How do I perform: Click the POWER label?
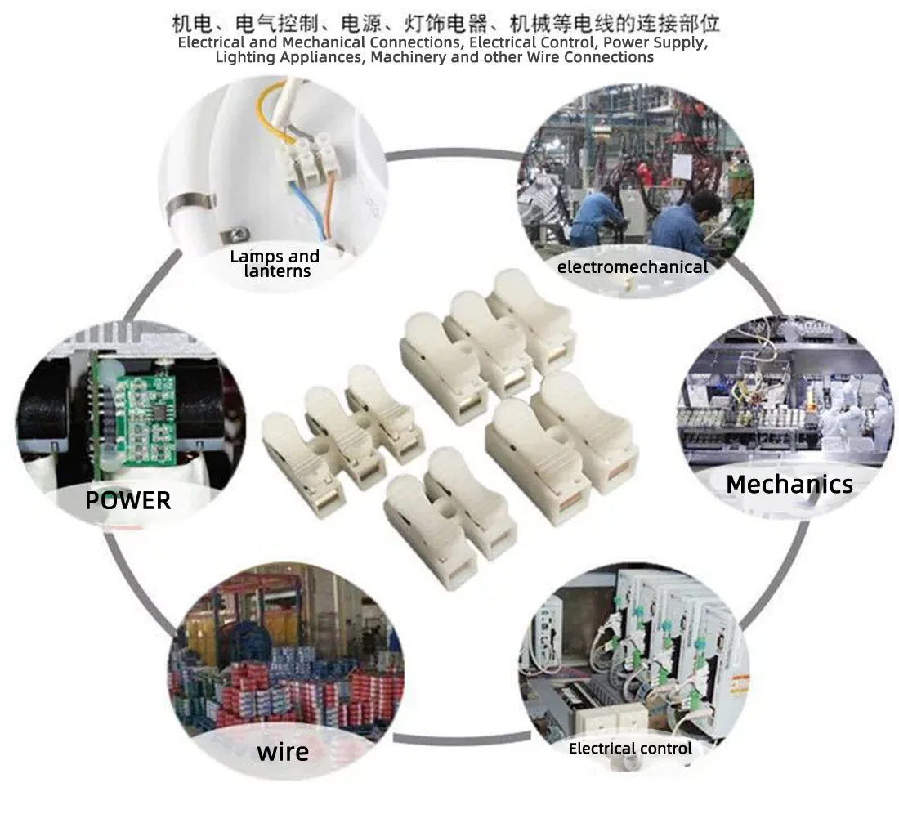click(x=127, y=500)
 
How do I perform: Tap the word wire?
click(x=284, y=752)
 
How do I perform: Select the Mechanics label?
click(x=789, y=485)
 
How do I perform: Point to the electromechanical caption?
click(x=633, y=266)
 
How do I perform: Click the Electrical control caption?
click(x=630, y=749)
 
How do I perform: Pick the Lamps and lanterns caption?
click(x=275, y=264)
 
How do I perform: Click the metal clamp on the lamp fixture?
click(x=190, y=208)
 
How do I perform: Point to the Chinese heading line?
click(x=445, y=24)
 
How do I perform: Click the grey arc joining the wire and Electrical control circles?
click(x=462, y=739)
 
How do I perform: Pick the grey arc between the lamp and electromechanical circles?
click(x=455, y=154)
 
